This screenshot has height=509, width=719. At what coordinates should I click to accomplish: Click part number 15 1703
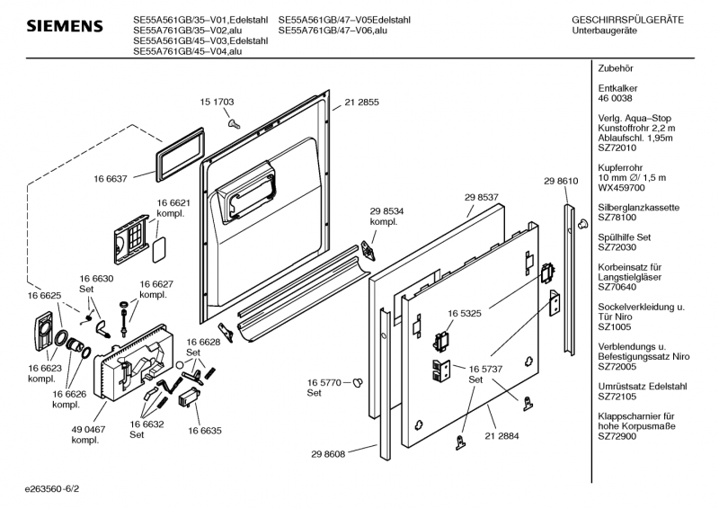(217, 103)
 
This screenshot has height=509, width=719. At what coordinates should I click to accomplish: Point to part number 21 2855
(362, 103)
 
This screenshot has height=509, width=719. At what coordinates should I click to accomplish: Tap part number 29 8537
(482, 197)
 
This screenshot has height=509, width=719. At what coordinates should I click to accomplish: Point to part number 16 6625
(44, 296)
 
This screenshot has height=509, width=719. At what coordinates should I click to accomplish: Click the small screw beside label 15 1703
(233, 123)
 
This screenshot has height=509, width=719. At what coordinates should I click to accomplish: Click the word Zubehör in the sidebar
(617, 69)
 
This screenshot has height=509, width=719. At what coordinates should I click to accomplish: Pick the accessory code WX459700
(622, 188)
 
